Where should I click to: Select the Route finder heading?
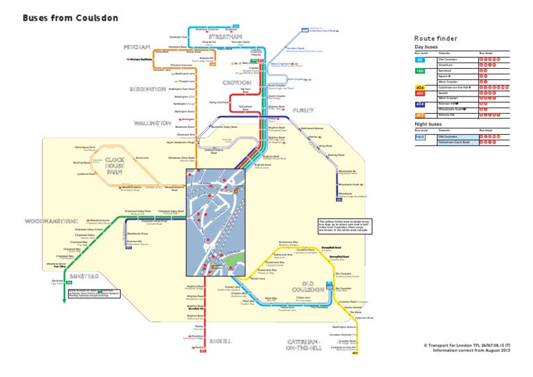coord(434,38)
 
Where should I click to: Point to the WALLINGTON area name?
coord(152,123)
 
